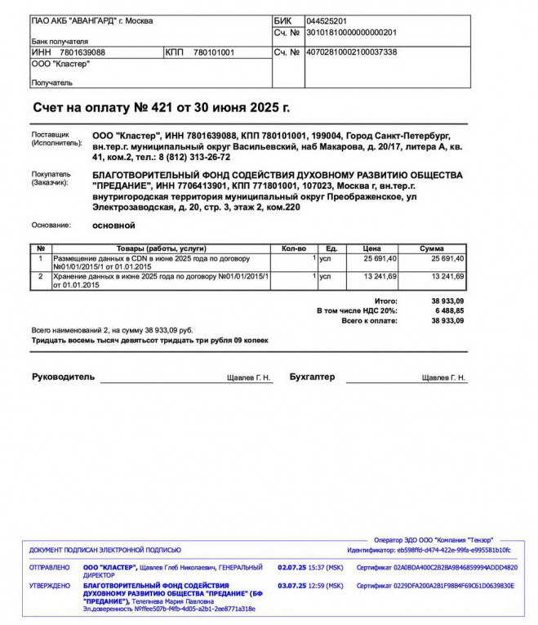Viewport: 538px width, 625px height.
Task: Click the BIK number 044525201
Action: coord(327,20)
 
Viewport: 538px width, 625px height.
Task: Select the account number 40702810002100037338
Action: coord(351,52)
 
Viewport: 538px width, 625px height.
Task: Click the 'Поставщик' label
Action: coord(51,134)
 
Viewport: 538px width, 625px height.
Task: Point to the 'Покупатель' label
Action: coord(51,174)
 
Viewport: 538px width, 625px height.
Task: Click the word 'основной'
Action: coord(113,225)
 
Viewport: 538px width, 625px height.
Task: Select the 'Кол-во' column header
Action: coord(293,248)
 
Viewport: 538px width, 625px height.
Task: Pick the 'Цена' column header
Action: coord(371,248)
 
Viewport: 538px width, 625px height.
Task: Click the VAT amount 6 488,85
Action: coord(447,311)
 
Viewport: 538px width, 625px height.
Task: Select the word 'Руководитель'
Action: coord(63,377)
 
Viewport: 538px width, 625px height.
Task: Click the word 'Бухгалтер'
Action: coord(312,377)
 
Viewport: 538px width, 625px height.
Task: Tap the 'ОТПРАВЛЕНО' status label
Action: coord(50,567)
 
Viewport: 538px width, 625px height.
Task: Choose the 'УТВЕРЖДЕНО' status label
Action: coord(50,586)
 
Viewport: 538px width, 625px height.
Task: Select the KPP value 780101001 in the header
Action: coord(213,52)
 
